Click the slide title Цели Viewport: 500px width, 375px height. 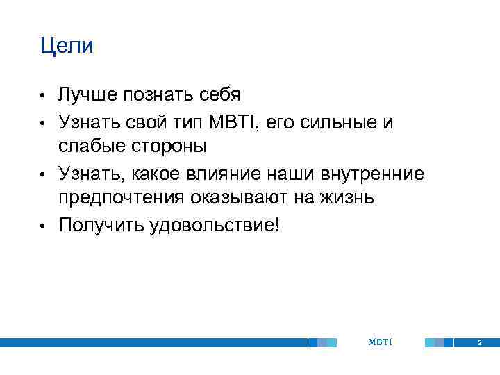coord(67,47)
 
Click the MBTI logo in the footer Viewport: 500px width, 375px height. coord(380,342)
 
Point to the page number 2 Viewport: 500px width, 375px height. coord(478,343)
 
